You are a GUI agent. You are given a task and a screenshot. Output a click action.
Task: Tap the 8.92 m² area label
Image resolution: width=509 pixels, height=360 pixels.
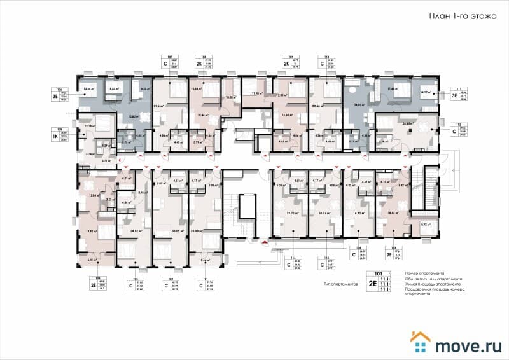click(425, 224)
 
